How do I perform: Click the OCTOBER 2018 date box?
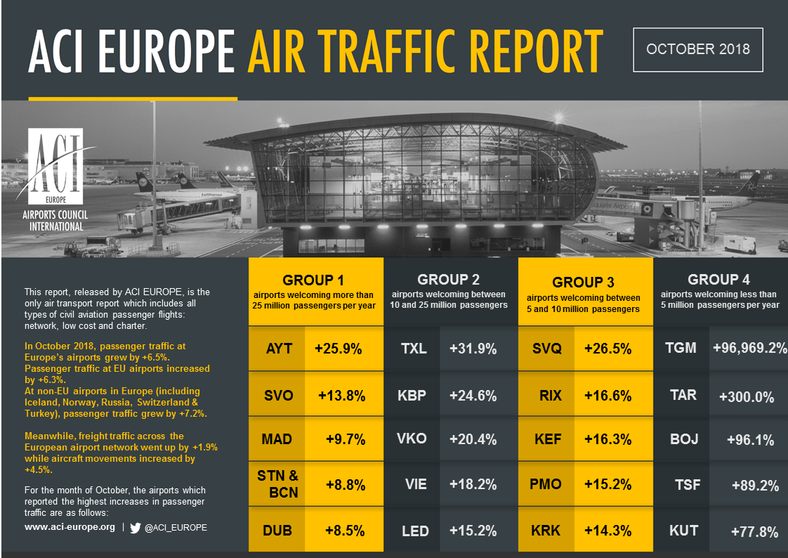(697, 49)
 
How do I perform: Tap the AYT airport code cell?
(279, 349)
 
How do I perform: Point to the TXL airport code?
(413, 349)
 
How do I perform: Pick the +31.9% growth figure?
(473, 349)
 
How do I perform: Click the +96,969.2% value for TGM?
(749, 347)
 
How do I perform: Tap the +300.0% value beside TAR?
(747, 396)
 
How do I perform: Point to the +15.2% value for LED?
(473, 531)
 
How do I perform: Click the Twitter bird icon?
(136, 527)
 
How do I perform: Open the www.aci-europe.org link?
(70, 527)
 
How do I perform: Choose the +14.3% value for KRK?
(608, 531)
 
